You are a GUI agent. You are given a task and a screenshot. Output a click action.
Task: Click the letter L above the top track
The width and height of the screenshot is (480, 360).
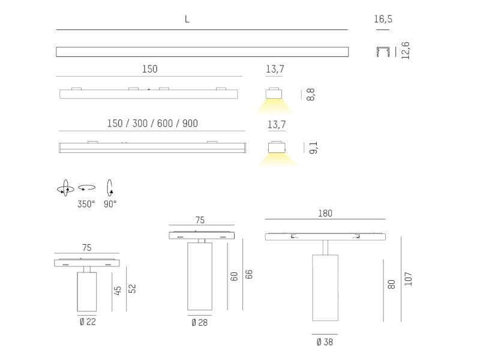tap(187, 19)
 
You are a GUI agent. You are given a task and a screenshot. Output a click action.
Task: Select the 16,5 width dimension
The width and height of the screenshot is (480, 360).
tap(383, 19)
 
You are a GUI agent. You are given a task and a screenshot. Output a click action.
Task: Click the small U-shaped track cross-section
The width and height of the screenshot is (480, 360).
tap(383, 52)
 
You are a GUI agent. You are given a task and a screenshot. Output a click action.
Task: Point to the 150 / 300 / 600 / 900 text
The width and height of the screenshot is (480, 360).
tap(152, 124)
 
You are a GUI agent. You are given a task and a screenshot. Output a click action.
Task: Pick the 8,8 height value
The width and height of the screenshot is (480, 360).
tap(310, 94)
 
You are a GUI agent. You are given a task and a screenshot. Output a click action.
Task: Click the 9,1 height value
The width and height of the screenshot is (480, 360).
tap(313, 148)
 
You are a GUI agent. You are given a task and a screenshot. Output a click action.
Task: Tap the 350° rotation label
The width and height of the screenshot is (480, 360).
tap(86, 204)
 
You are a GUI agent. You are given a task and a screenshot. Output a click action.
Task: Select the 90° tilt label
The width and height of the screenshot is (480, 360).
tap(110, 204)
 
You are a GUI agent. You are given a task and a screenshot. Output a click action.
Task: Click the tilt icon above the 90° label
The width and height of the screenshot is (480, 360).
tap(110, 188)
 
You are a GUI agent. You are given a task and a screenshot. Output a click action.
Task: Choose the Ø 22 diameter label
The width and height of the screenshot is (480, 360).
tap(87, 322)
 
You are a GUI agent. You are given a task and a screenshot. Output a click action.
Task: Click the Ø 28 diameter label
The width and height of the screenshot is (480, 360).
tap(200, 323)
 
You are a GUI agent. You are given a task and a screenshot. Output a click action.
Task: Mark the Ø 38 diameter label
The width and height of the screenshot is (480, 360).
tap(324, 342)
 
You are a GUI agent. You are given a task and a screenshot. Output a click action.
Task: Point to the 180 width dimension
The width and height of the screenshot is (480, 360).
tap(325, 214)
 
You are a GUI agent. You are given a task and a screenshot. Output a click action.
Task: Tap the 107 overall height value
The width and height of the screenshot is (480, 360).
tap(409, 278)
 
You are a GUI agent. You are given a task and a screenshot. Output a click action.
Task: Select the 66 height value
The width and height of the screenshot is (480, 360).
tap(250, 274)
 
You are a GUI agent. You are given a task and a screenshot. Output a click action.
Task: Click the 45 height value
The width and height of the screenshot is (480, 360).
tap(118, 289)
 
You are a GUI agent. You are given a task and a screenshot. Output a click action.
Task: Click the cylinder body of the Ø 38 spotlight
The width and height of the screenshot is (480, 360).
tap(325, 287)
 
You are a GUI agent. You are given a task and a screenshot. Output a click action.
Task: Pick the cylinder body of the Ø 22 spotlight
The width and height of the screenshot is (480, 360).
tap(87, 292)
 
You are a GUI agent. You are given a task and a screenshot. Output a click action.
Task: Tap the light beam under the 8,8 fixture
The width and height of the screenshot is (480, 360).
tap(274, 107)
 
